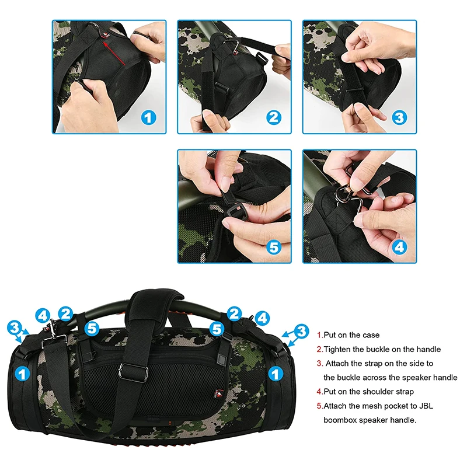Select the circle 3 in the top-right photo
coord(399,117)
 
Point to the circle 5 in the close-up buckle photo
coord(274,248)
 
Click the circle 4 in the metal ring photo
coord(399,248)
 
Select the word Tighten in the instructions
coord(340,349)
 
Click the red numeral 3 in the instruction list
coord(319,363)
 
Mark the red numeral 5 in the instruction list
coord(319,406)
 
